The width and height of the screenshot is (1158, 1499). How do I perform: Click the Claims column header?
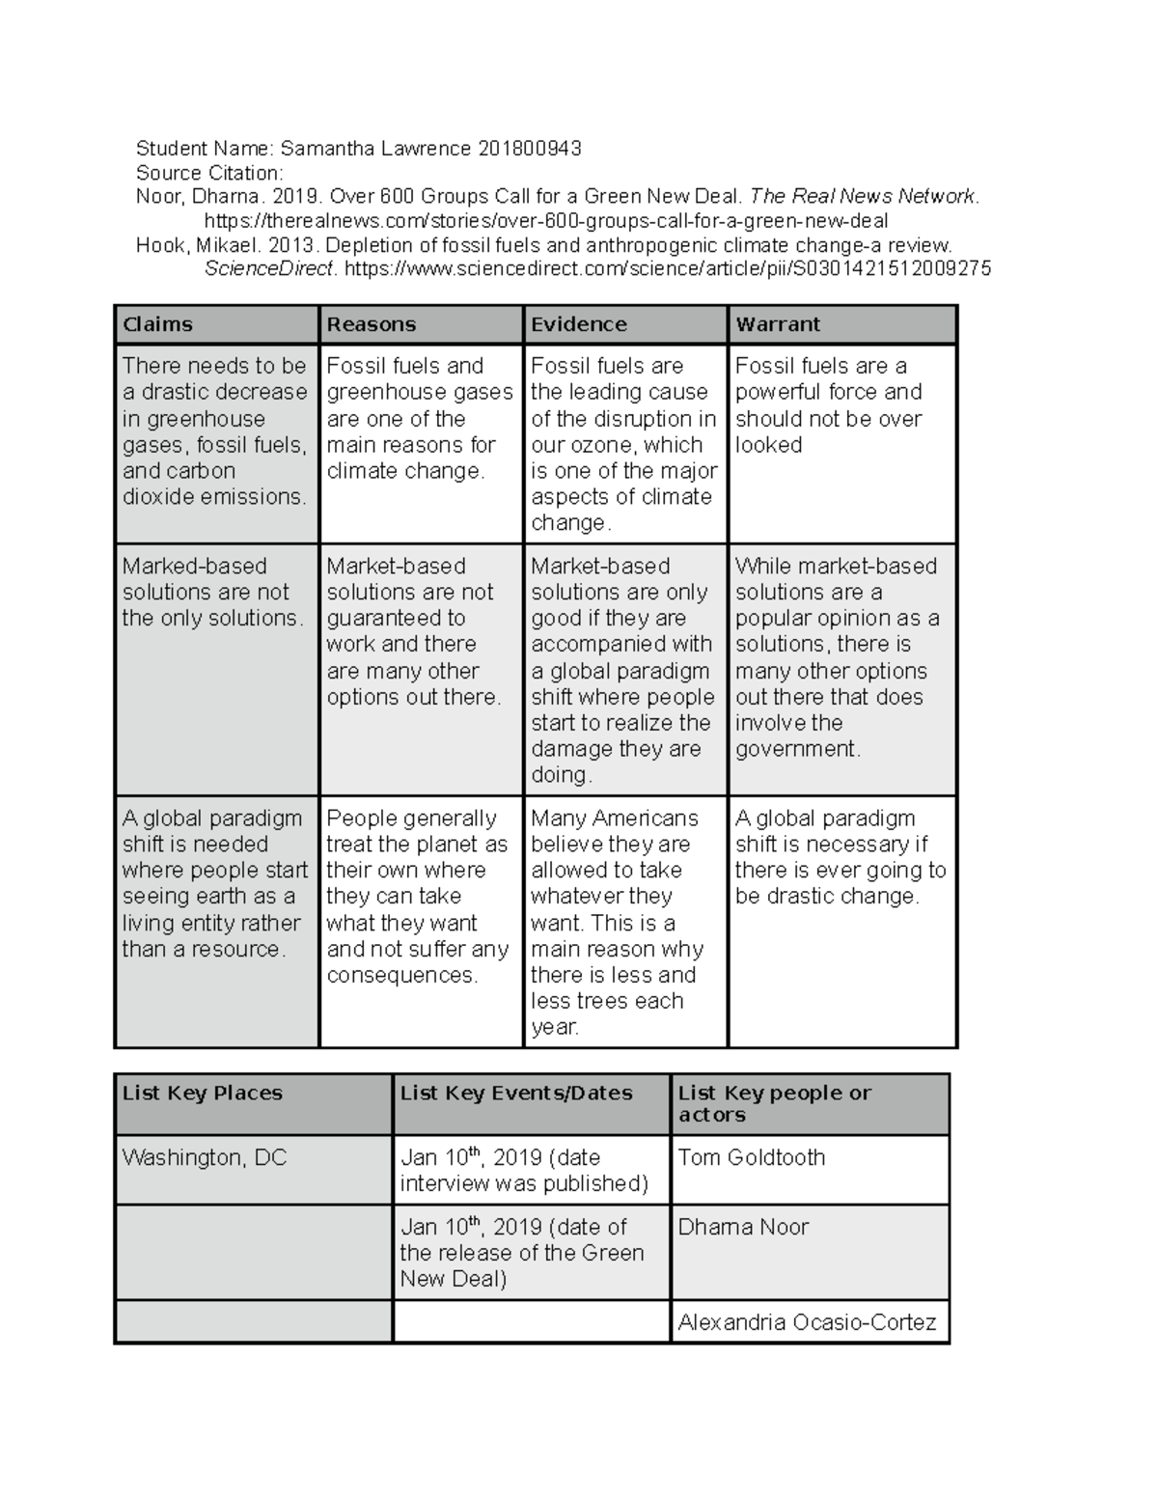click(157, 324)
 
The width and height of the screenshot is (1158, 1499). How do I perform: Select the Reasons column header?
click(372, 324)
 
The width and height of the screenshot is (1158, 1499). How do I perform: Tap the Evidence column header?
click(579, 324)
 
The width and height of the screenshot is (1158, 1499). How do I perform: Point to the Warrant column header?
click(778, 324)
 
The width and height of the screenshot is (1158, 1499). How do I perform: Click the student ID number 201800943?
click(529, 148)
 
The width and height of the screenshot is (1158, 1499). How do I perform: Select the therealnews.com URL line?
click(546, 221)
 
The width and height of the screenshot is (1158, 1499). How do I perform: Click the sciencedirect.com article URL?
click(667, 269)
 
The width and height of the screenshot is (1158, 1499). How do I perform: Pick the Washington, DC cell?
click(205, 1157)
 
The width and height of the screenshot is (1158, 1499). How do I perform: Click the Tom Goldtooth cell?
click(751, 1157)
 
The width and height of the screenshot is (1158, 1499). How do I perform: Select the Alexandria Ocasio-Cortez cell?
click(807, 1322)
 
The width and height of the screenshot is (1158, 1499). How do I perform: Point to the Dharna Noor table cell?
click(743, 1227)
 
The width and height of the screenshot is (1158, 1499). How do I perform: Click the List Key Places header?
click(203, 1093)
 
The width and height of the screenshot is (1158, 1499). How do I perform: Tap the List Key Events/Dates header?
click(516, 1093)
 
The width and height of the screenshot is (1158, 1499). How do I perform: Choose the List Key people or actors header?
click(774, 1103)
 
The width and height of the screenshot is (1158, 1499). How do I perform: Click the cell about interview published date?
click(524, 1170)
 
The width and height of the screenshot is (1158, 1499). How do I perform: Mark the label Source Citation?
click(209, 173)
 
